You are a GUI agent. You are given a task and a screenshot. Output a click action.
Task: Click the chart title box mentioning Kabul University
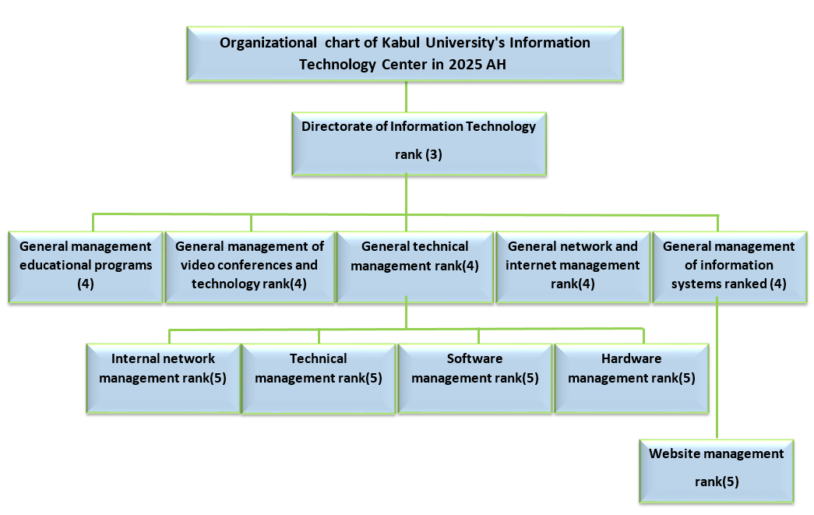405,53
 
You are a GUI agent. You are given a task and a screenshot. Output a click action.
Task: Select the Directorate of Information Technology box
418,145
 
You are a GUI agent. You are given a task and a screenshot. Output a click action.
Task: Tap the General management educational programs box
85,266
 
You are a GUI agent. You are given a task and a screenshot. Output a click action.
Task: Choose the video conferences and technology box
249,266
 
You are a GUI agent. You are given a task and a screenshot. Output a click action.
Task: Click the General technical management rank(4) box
414,266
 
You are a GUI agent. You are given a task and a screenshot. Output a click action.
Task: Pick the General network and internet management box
573,266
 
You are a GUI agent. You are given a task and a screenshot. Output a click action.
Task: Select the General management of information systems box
728,266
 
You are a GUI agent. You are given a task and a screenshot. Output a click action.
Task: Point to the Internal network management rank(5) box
163,378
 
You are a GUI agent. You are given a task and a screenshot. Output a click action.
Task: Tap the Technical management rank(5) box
318,378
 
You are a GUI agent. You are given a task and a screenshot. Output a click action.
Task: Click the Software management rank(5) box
474,378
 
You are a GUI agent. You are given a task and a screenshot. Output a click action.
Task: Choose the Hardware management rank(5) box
631,378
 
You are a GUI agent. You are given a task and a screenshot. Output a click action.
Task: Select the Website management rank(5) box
717,471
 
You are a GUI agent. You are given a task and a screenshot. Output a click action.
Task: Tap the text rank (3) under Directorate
418,154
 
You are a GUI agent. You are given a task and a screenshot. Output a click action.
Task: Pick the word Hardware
631,359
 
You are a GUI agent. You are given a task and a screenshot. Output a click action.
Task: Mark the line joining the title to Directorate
406,97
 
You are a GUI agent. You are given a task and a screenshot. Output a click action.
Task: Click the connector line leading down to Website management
717,374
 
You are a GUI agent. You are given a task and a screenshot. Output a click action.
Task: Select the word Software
474,359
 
